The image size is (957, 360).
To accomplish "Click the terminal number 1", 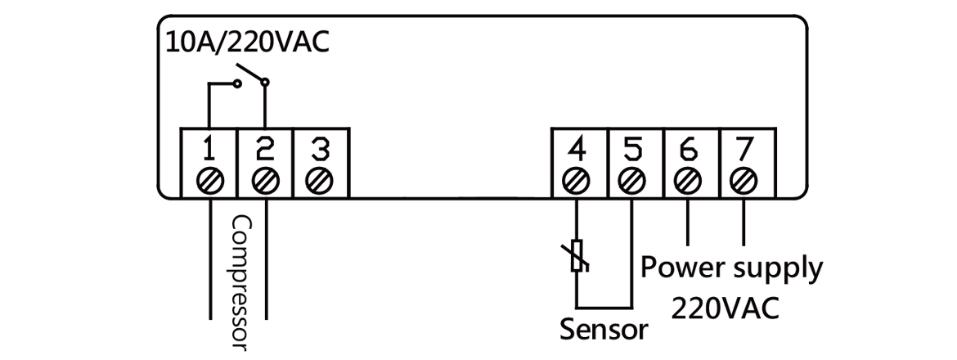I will point(210,150).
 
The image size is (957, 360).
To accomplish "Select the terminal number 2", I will point(265,150).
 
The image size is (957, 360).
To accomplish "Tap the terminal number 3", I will point(321,150).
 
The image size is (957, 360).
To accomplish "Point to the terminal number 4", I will point(577,150).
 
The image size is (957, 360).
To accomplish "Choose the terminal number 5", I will point(632,150).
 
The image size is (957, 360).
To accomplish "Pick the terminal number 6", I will point(688,150).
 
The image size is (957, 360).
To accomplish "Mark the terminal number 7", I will point(744,150).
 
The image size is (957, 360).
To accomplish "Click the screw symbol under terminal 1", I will point(210,180).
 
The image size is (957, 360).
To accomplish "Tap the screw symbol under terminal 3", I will point(321,180).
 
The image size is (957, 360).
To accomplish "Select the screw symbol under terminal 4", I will point(577,180).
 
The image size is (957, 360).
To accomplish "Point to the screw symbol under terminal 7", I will point(744,180).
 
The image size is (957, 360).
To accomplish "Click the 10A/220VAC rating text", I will point(248,41).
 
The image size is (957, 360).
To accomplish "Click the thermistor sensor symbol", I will point(577,255).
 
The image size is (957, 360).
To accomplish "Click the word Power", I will point(681,268).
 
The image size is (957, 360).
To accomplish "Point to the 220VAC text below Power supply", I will point(725,308).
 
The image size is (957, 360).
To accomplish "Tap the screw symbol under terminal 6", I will point(688,180).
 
